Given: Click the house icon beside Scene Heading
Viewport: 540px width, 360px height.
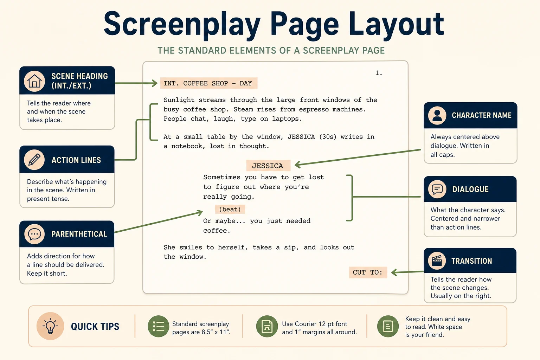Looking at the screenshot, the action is (x=34, y=81).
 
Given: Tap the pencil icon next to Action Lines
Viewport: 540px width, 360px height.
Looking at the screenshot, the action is (x=34, y=160).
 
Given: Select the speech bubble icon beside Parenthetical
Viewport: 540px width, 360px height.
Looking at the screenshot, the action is (x=34, y=234).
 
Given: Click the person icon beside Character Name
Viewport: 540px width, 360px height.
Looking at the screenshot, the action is (x=437, y=116).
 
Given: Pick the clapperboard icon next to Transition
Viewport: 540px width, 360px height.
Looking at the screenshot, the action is (x=437, y=261).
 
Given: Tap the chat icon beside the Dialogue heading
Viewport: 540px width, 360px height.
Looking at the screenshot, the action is (x=437, y=189).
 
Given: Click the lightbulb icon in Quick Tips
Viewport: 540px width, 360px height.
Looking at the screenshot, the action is (x=50, y=326).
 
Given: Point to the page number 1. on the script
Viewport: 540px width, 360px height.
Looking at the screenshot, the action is (x=379, y=73).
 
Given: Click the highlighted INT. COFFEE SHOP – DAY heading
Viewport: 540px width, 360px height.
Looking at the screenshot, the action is (x=208, y=83).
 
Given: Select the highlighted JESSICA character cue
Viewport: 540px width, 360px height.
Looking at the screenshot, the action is (x=268, y=166).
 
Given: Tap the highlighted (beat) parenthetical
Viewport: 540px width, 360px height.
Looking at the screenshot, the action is (x=230, y=209).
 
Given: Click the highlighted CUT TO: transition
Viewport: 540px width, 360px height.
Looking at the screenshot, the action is (x=368, y=272).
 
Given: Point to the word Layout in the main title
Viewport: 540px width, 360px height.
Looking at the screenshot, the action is (x=396, y=25).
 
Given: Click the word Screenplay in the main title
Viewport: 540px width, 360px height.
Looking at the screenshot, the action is (x=182, y=25).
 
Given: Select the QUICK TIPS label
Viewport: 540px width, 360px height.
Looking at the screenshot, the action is (x=95, y=327).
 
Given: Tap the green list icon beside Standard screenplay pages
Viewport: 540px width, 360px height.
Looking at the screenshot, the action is (x=159, y=326).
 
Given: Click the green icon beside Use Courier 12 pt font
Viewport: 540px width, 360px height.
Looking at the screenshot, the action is (x=267, y=326).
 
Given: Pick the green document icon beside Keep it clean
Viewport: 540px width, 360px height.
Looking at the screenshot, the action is (x=388, y=326).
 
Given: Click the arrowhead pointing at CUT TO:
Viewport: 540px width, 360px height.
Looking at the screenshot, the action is (x=394, y=273).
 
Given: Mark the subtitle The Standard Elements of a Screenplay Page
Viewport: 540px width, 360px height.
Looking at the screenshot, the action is (x=271, y=51).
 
